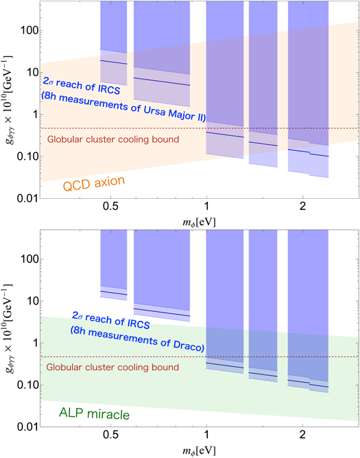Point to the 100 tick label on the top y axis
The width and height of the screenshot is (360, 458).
pyautogui.click(x=27, y=31)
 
